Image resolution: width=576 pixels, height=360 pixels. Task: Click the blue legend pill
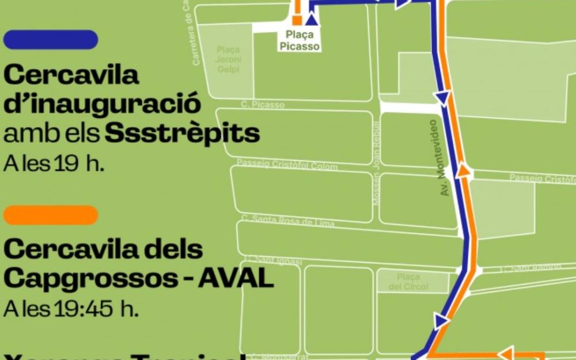coord(51,40)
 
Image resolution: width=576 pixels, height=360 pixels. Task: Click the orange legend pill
coord(51,215)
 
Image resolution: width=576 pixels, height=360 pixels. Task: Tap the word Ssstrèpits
coord(183,134)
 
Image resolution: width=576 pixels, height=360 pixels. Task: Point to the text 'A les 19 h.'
coord(54,164)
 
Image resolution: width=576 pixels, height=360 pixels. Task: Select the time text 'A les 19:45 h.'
coord(71,309)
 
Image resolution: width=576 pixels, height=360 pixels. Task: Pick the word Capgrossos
coord(93,279)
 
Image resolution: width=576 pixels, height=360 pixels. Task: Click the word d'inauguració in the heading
coord(103,104)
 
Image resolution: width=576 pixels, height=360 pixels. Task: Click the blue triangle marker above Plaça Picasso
coord(312,20)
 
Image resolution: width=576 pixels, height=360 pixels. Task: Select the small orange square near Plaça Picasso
coord(297,20)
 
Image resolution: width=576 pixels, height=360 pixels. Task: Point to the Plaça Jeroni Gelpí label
coord(228,60)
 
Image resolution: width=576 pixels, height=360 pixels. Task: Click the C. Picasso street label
coord(262,105)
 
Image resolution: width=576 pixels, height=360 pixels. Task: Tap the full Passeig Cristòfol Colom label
coord(287,164)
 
